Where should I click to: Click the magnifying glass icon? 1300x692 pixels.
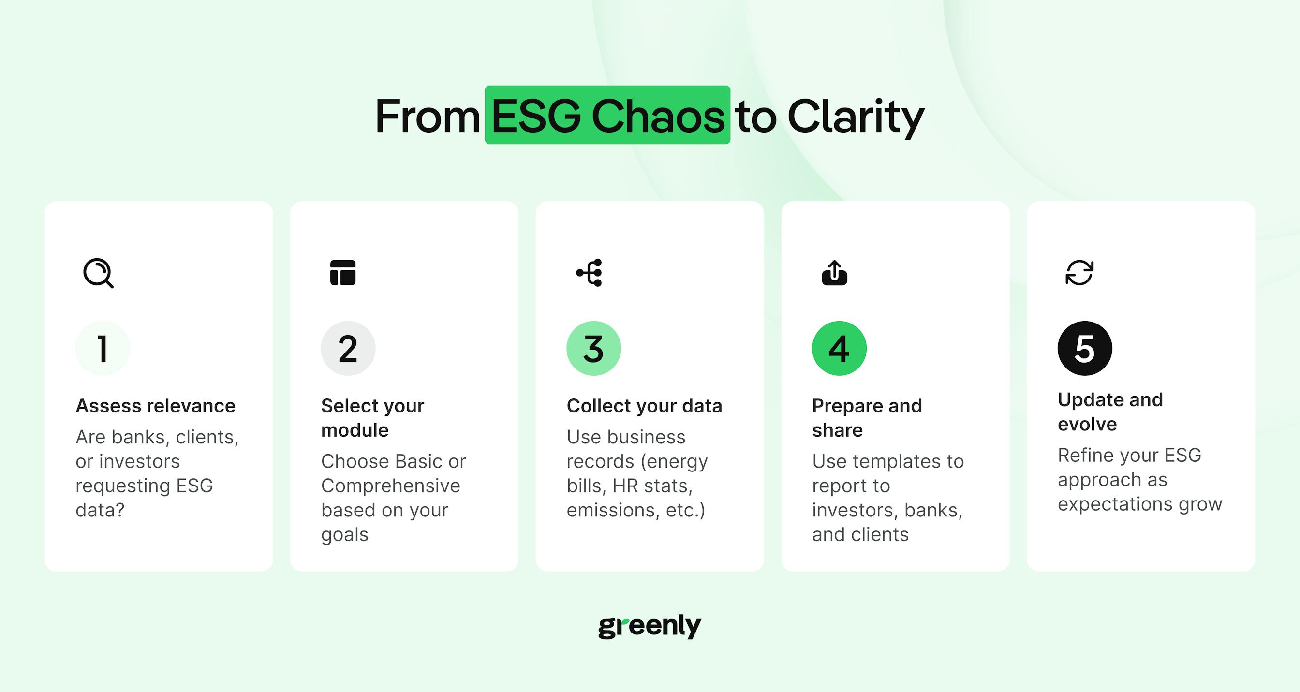98,273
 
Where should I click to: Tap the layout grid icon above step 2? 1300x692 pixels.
343,273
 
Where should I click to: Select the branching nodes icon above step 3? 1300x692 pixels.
589,273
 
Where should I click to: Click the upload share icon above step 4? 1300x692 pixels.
834,273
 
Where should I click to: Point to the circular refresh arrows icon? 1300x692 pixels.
1079,273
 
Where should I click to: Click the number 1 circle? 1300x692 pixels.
103,348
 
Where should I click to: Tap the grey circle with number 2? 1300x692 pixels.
348,348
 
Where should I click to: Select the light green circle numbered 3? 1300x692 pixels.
593,348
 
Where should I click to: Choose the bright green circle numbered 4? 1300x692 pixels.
839,348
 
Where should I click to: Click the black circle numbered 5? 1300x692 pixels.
1084,348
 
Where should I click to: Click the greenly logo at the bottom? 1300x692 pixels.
650,626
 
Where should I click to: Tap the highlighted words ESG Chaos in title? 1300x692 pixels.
607,115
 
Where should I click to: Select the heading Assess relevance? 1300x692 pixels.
155,406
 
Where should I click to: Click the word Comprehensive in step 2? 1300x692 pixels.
391,486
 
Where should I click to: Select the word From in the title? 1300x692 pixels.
428,117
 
